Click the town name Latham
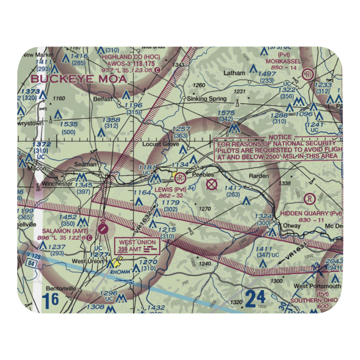click(234, 73)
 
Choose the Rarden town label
click(259, 176)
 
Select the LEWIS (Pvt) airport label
click(171, 189)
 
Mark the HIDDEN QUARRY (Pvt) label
click(310, 213)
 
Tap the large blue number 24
click(256, 298)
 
